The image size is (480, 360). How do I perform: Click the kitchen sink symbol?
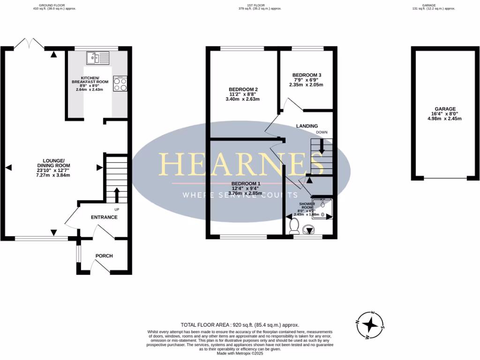97,58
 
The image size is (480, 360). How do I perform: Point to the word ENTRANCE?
104,217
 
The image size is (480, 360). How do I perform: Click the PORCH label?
104,255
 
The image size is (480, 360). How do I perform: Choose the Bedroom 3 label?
307,75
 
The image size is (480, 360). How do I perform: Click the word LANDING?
307,126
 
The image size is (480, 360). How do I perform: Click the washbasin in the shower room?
308,230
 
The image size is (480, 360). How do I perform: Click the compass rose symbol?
371,324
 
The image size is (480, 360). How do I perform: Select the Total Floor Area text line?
240,325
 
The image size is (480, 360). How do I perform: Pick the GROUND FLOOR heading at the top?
52,5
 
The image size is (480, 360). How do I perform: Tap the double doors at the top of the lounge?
30,45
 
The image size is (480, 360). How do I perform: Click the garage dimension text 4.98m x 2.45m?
444,119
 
